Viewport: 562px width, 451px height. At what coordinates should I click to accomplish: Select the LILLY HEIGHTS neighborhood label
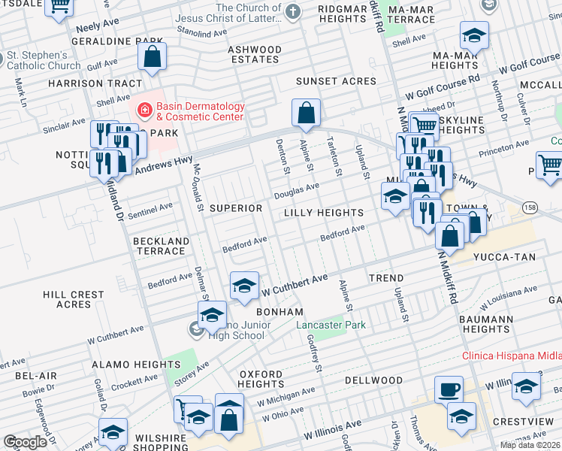coord(324,213)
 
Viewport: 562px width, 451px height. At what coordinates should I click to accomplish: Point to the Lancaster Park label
coord(330,325)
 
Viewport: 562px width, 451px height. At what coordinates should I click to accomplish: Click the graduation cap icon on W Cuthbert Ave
coord(243,286)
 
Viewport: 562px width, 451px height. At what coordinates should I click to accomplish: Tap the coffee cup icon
coord(449,389)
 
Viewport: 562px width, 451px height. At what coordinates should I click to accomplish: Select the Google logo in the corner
coord(25,442)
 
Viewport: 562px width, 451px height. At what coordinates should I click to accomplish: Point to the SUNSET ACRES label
coord(335,81)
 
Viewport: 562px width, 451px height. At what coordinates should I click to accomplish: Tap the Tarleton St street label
coord(335,157)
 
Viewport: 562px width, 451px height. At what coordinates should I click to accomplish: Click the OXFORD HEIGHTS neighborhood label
coord(261,379)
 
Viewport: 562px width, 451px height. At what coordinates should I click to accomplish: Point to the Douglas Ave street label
coord(296,190)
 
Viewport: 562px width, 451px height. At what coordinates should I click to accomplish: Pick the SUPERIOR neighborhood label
coord(236,207)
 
